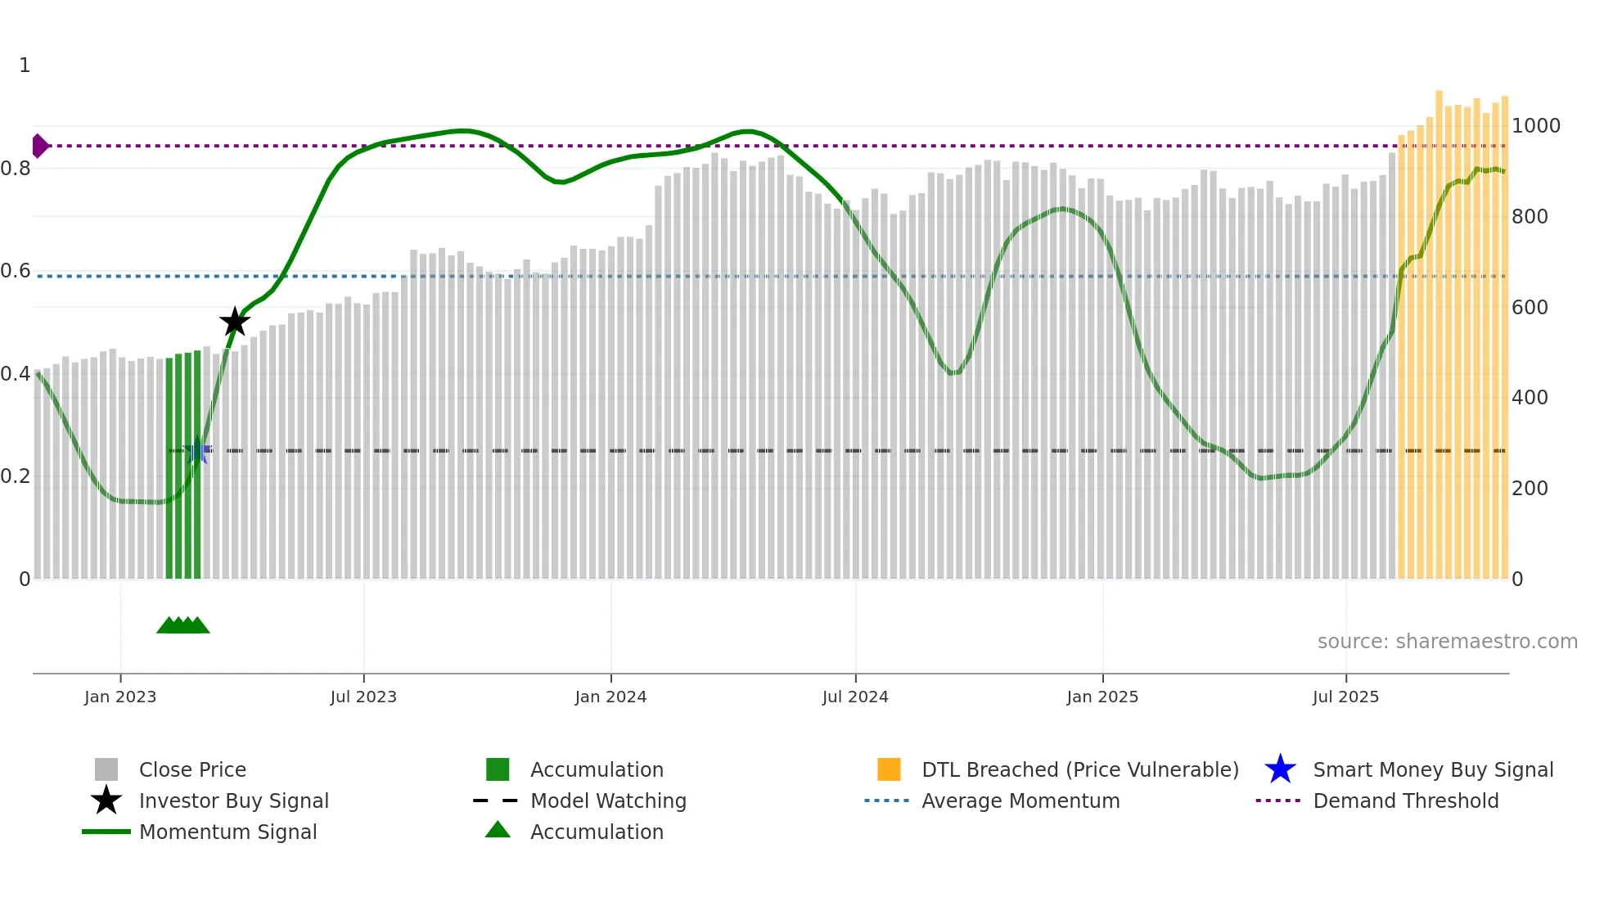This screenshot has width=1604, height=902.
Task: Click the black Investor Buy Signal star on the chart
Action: [235, 322]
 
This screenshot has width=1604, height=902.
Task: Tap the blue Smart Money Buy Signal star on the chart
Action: [196, 451]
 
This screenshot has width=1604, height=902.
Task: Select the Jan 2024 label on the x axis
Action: [611, 697]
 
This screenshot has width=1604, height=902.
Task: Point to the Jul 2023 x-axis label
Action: [363, 697]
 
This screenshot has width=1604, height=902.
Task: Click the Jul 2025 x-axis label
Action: [1345, 697]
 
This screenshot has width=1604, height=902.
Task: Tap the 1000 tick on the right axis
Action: [1535, 126]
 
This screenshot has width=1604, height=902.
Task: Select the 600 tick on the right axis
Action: [1530, 308]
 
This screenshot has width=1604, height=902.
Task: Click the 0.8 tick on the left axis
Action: [16, 169]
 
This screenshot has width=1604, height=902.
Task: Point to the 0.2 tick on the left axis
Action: [16, 476]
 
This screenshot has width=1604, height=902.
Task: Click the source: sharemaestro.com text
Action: [1447, 642]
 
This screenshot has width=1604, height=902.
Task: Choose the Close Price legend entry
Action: [192, 770]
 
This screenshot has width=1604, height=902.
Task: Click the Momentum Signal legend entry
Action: [228, 832]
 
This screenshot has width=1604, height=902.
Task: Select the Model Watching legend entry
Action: [608, 801]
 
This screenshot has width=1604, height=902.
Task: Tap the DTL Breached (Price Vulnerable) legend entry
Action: [1079, 770]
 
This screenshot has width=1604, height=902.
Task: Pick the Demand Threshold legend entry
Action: [1405, 801]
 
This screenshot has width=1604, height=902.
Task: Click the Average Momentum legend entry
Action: [1021, 801]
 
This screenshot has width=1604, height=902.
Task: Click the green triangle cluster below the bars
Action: [183, 625]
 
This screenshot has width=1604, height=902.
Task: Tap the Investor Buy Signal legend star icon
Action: [106, 801]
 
